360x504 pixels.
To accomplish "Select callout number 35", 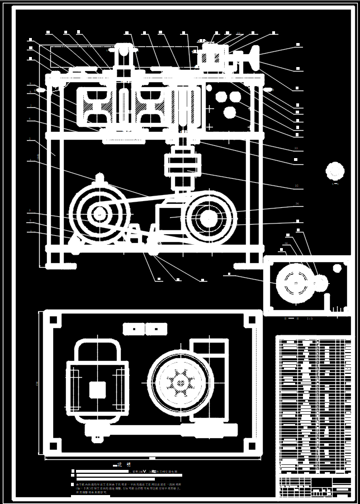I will point(296,185).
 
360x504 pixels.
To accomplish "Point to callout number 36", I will point(297,203).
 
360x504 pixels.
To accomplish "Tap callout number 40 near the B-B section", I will point(286,244).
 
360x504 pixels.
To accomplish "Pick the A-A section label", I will point(335,183).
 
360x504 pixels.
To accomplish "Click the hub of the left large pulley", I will point(100,213).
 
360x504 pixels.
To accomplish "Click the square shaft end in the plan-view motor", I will point(98,389).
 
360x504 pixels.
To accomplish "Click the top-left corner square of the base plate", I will point(53,320).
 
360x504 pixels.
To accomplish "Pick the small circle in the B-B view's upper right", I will point(337,268).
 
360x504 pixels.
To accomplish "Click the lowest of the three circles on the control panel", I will point(229,113).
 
